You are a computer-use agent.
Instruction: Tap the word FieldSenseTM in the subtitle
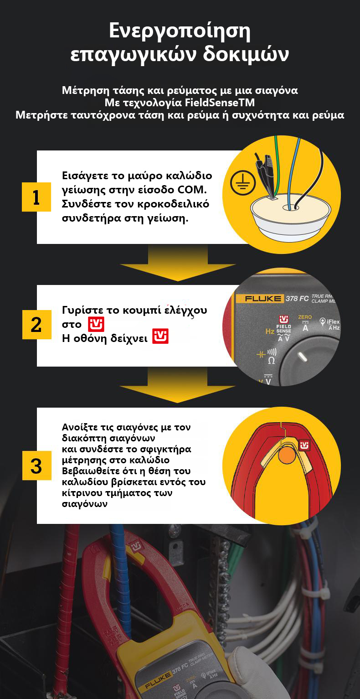(220, 102)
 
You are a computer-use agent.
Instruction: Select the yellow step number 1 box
(36, 197)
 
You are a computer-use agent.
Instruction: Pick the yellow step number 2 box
(36, 325)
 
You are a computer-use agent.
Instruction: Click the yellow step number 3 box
(36, 465)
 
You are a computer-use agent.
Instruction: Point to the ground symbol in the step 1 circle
(243, 183)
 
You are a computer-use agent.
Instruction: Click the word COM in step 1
(192, 190)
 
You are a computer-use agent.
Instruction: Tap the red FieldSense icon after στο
(96, 325)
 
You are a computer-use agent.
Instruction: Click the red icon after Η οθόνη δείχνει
(160, 337)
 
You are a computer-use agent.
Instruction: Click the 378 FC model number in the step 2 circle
(297, 298)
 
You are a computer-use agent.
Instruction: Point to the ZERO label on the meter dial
(305, 317)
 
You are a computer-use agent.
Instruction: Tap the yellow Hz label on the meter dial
(269, 331)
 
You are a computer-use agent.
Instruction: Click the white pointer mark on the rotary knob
(303, 357)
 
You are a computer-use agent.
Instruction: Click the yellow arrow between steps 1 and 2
(178, 263)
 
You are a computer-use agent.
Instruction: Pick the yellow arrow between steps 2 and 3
(178, 384)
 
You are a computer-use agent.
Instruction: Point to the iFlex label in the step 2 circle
(333, 321)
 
